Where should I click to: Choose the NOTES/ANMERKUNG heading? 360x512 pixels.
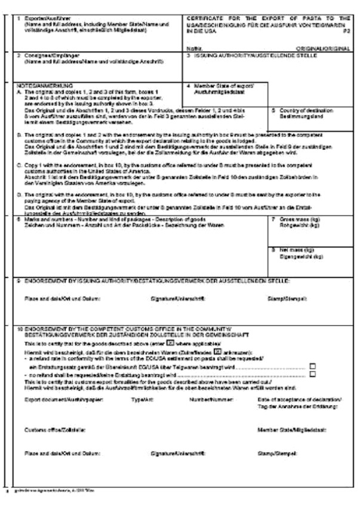pos(47,85)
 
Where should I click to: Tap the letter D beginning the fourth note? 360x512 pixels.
pos(19,194)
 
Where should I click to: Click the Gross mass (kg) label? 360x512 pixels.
pos(301,220)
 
